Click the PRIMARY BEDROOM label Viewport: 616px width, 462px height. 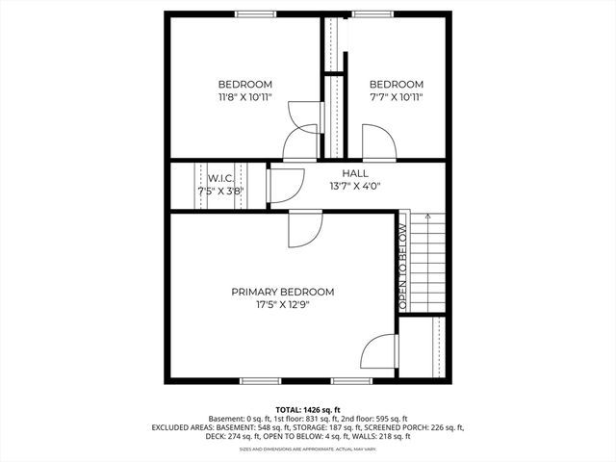pos(282,292)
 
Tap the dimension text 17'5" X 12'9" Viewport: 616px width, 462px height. pos(282,305)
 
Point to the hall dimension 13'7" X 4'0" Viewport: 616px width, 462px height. pos(355,187)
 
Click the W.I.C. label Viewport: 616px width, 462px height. pos(220,178)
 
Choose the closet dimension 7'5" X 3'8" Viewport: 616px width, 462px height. pos(220,191)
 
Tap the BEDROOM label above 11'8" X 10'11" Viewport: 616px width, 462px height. pos(244,84)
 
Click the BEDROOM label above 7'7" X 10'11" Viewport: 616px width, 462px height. pos(396,84)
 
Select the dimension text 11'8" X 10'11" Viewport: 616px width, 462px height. pos(244,97)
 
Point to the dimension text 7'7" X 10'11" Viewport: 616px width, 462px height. pos(396,97)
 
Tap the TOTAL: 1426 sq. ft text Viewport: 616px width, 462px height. pos(308,409)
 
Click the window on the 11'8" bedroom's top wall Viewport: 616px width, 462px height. pos(253,13)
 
